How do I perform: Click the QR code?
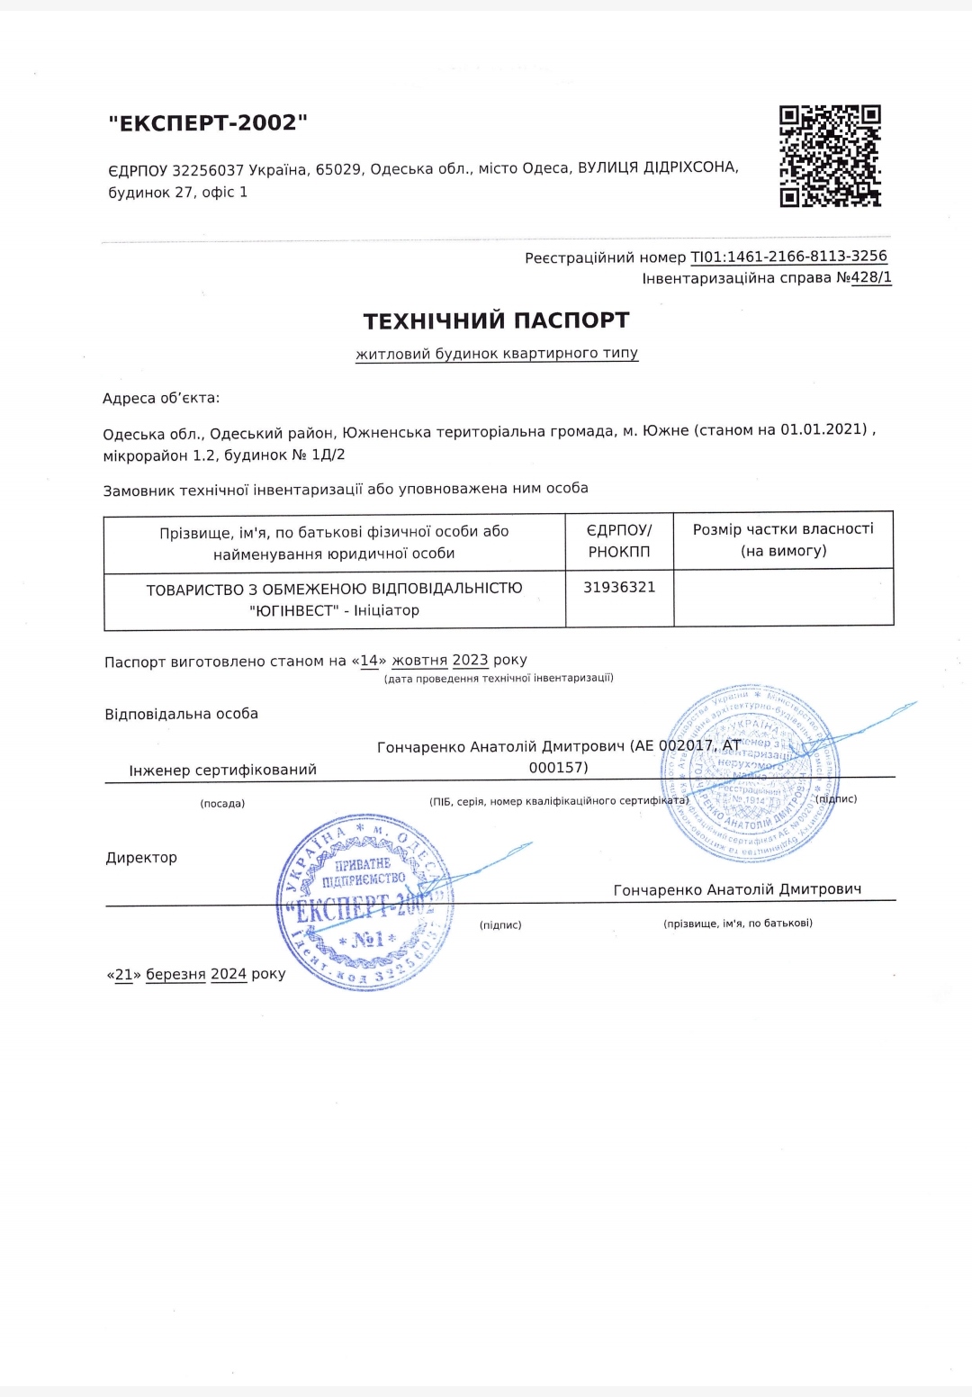830,156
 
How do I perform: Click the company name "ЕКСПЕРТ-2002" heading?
208,122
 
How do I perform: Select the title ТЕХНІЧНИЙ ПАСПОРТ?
496,320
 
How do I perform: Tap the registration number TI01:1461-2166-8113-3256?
788,257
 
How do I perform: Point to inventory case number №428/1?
864,278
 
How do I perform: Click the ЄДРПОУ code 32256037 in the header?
208,170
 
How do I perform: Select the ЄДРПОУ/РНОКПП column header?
619,541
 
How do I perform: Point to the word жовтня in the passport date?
419,660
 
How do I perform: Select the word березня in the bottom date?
175,974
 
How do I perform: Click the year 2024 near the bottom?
229,974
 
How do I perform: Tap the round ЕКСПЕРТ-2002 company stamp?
364,902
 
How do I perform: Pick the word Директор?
141,858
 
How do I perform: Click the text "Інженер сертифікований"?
222,771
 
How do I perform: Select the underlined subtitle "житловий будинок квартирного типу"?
497,354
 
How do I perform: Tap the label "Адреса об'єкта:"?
161,398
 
